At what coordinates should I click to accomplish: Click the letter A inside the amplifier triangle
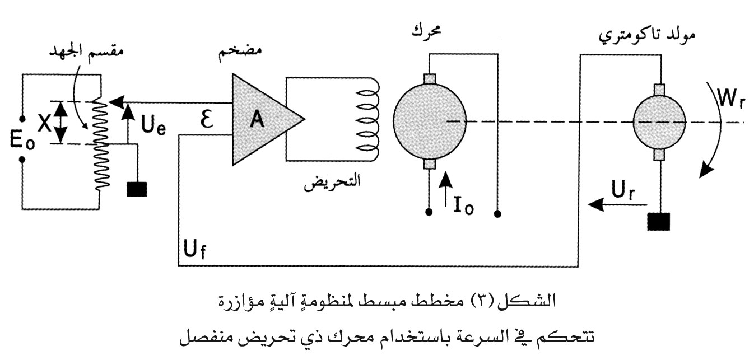(257, 119)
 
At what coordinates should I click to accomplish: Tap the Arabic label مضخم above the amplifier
(240, 54)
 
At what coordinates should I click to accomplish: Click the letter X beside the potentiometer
(44, 123)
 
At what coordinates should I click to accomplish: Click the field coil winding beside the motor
(367, 119)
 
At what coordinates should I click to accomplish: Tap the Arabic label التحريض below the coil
(332, 182)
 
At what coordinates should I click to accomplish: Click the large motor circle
(430, 121)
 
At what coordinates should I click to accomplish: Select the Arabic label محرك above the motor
(426, 31)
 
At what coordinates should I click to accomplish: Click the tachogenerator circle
(659, 121)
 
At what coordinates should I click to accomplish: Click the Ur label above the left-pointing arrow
(623, 191)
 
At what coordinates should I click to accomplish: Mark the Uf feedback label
(195, 250)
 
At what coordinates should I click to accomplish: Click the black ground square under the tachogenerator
(659, 222)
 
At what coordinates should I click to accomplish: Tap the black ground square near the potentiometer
(137, 189)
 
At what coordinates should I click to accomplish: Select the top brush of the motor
(430, 79)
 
